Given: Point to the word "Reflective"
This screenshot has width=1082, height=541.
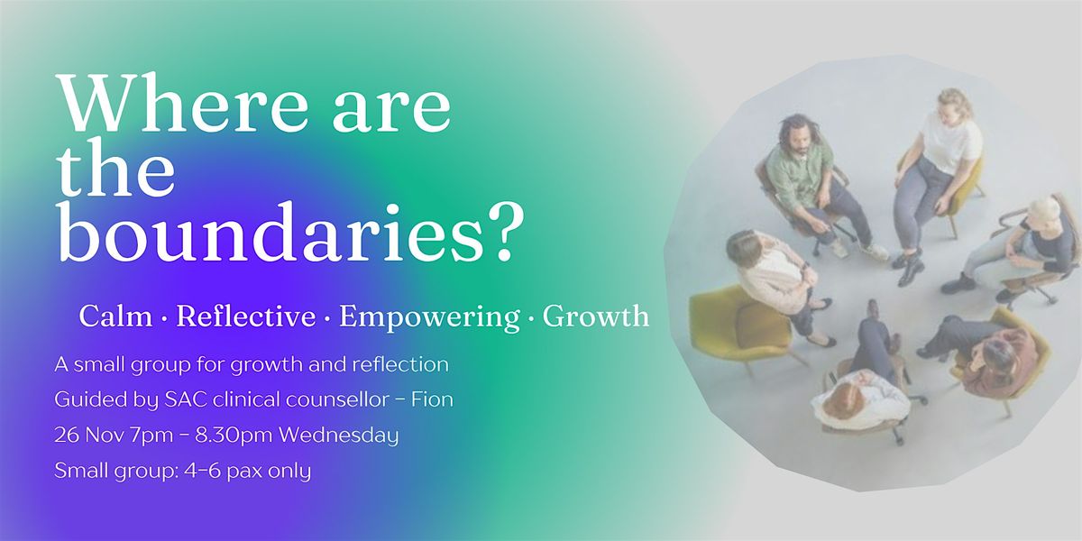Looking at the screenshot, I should (246, 316).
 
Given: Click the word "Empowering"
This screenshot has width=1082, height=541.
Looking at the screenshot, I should (429, 316).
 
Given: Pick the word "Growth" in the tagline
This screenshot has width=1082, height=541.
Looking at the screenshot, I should (597, 316).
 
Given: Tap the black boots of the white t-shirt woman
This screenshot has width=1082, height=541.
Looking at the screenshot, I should (906, 266).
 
